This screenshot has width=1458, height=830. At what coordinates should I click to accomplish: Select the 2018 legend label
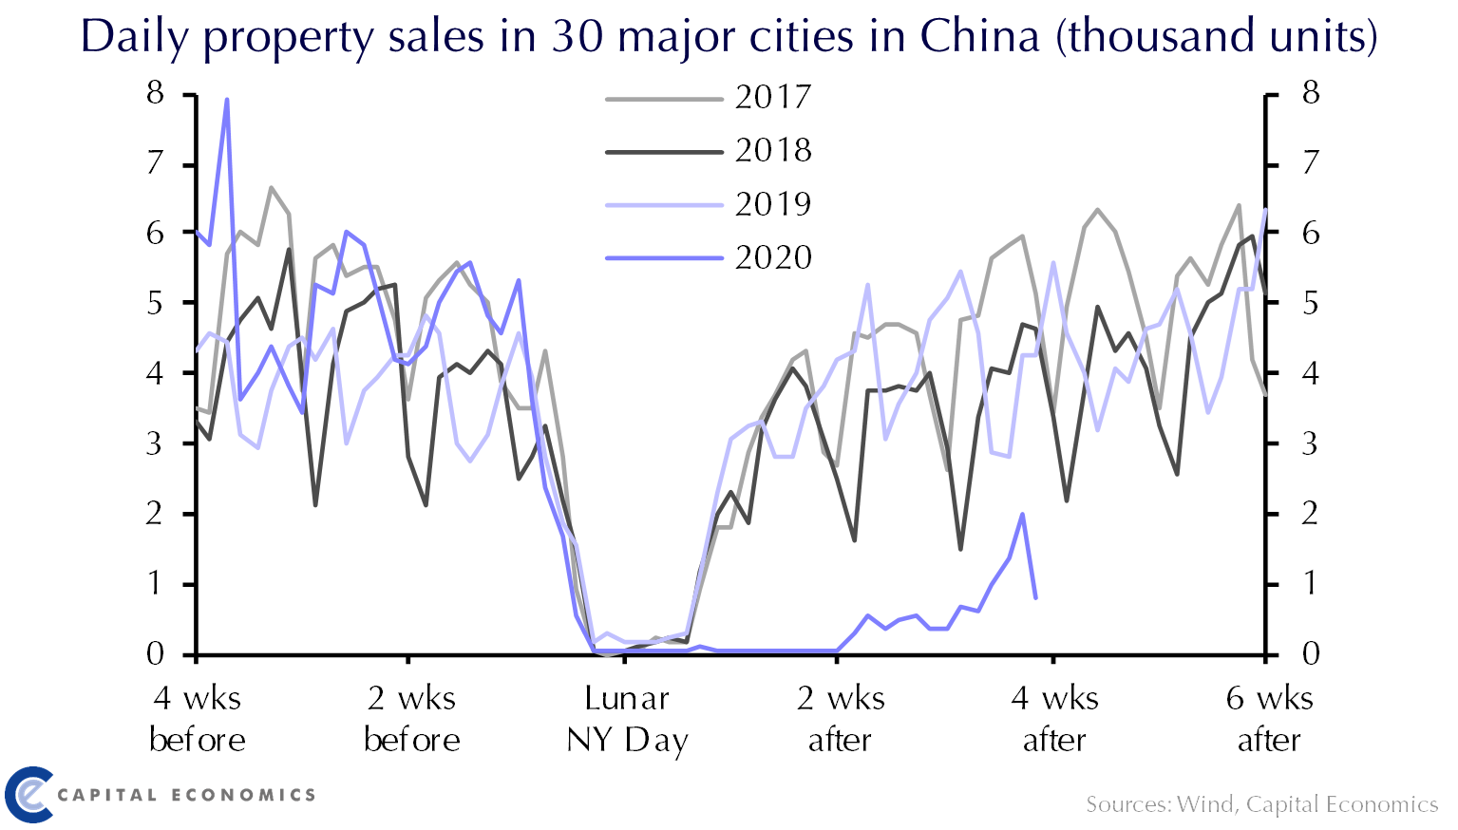772,150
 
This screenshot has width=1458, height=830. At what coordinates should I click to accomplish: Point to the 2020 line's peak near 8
227,100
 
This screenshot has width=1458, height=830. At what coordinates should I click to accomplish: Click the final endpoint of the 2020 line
1035,598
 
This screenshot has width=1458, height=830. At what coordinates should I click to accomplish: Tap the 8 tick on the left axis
155,93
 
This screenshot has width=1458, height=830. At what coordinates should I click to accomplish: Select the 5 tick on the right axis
1311,303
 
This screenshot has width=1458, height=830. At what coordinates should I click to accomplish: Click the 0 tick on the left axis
155,653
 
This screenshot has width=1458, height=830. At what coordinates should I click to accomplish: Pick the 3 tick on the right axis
1311,443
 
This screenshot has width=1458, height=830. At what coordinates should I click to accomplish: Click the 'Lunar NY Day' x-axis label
627,719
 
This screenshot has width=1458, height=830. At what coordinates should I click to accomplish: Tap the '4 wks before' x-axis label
198,719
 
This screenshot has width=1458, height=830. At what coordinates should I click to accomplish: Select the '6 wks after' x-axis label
1269,719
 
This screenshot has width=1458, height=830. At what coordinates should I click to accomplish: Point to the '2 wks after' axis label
841,719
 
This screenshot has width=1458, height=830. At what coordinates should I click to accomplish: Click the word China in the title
979,36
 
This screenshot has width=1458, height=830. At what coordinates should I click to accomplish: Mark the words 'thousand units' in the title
1216,36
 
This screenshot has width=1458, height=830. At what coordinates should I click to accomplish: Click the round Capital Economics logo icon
28,794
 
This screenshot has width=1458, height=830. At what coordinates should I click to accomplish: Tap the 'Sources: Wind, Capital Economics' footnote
1261,805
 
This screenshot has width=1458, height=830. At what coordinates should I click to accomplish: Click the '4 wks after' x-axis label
1054,719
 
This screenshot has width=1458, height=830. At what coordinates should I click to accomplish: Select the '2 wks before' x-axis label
412,719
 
